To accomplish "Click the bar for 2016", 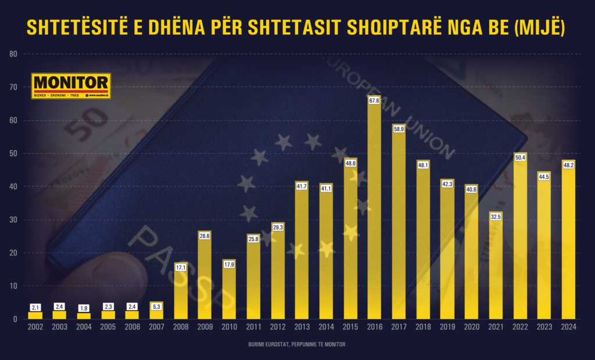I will coord(375,209).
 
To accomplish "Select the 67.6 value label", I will coord(375,100).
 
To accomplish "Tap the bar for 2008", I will coord(180,290).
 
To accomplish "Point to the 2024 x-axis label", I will coord(568,327).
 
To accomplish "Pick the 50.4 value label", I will coord(520,157).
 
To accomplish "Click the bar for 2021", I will coord(496,267).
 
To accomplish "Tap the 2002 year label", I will coord(35,327).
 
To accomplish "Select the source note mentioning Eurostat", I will coord(297,345).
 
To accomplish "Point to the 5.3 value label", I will coord(156,306).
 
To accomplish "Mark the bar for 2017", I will coord(399,226).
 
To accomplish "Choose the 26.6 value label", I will coord(205,236).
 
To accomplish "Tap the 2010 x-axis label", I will coord(229,327).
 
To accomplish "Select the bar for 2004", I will coord(84,316).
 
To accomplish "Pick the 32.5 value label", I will coord(496,217).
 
